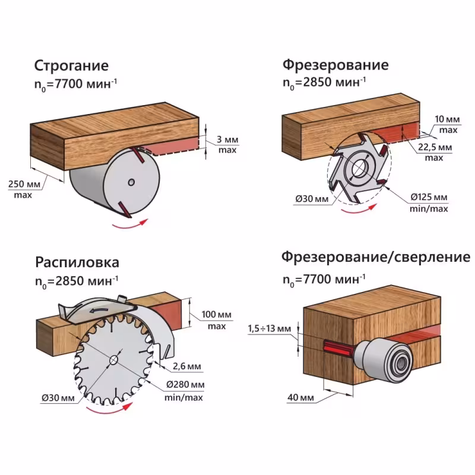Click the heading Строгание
(x=71, y=65)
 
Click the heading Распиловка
(x=77, y=262)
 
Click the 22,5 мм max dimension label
(x=434, y=151)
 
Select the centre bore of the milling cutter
(x=358, y=170)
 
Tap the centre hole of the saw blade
(x=113, y=359)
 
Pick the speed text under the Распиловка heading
(x=77, y=280)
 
